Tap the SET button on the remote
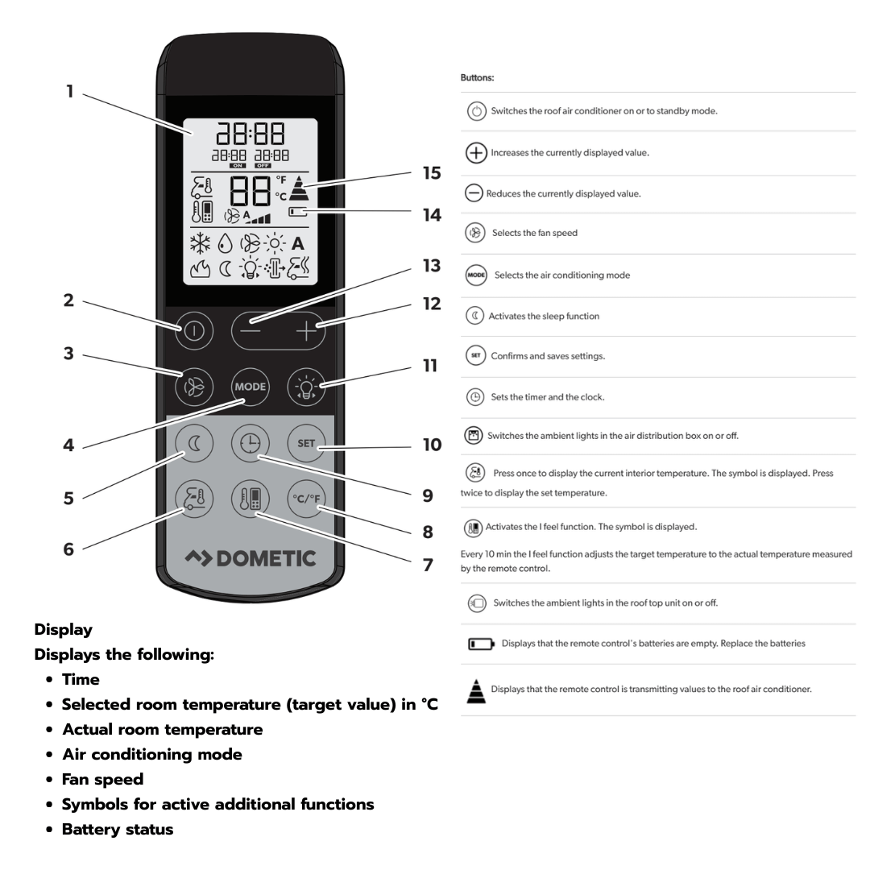coord(306,444)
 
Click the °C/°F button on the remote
coord(306,499)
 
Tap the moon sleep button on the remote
coord(194,444)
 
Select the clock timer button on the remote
coord(250,444)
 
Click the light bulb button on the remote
coord(306,387)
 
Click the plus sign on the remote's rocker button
coord(304,330)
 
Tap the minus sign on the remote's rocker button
coord(251,330)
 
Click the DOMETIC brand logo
coord(250,557)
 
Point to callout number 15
coord(433,172)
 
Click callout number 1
coord(70,91)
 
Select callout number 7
coord(428,565)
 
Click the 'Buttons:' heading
coord(477,79)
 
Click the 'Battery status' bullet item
coord(118,829)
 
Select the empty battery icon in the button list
coord(481,644)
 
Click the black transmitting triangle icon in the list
coord(476,690)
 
